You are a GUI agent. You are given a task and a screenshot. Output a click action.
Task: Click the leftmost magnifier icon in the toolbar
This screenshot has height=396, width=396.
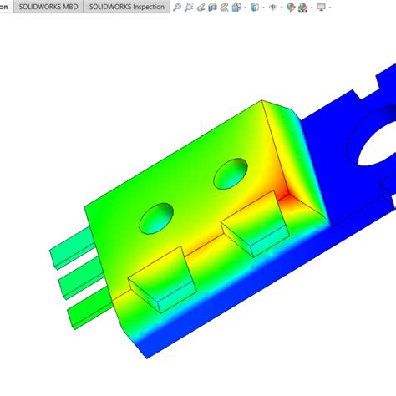pyautogui.click(x=178, y=8)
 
